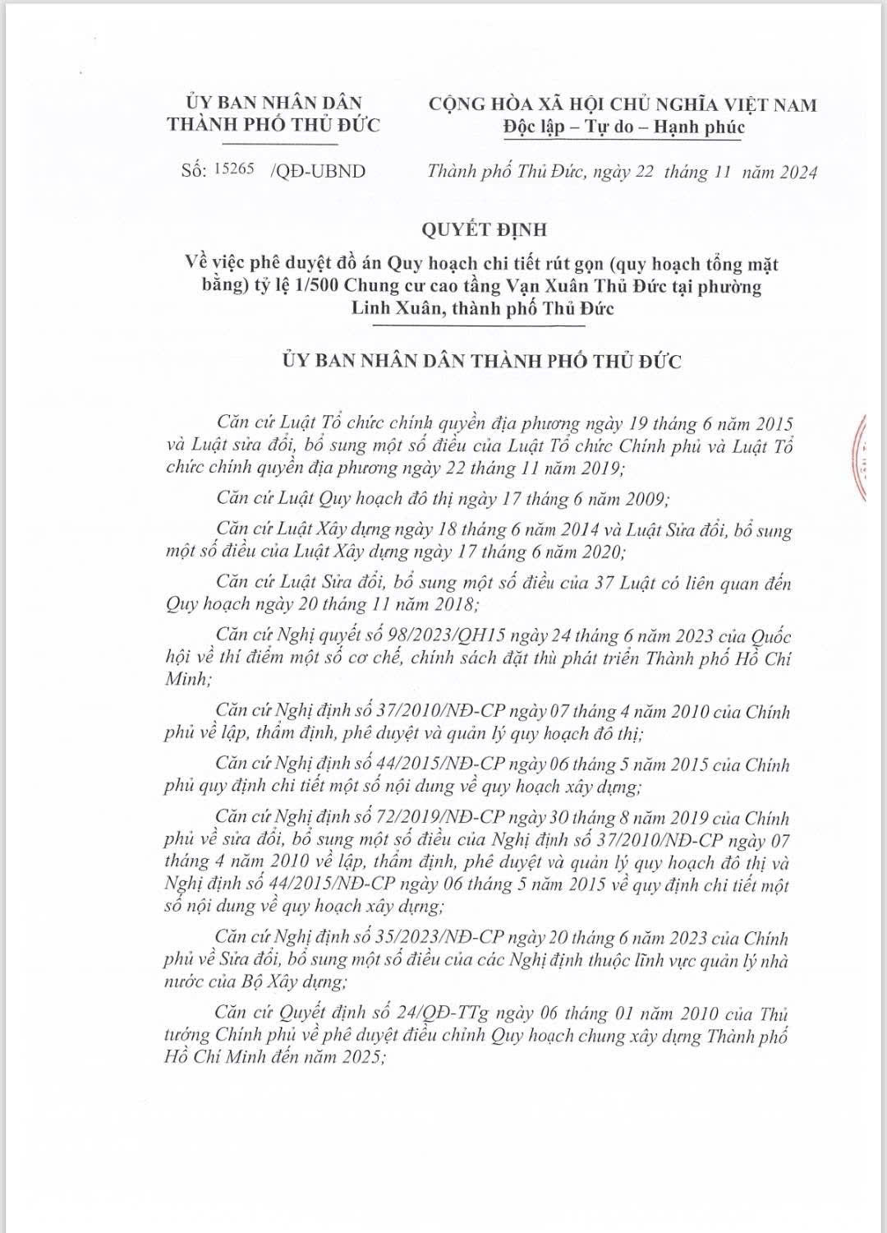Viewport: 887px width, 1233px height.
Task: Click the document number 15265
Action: pos(234,170)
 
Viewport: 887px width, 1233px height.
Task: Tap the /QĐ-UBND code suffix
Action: pos(317,171)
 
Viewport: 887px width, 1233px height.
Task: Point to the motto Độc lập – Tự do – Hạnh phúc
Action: pos(623,127)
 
